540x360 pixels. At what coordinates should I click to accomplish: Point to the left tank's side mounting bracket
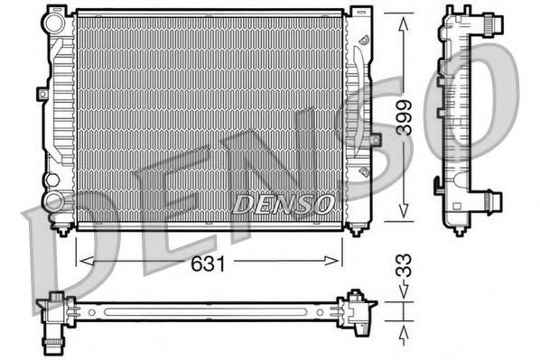(x=42, y=93)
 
